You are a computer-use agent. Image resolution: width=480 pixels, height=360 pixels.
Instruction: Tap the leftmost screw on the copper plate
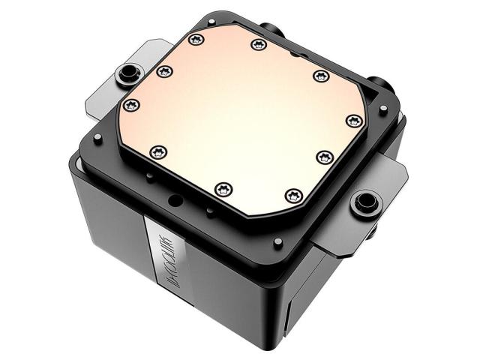coord(130,104)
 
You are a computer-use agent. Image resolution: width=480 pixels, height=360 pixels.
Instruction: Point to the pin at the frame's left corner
coord(97,138)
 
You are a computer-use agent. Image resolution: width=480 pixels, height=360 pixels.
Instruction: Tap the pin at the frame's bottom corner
coord(278,241)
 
